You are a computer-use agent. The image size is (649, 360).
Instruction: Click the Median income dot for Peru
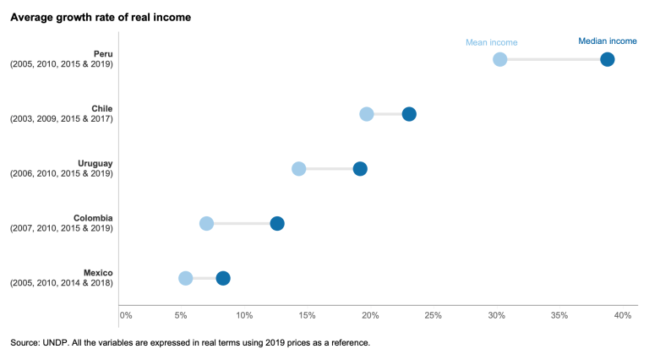[x=607, y=59]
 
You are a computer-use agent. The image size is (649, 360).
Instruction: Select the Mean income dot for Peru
[x=499, y=59]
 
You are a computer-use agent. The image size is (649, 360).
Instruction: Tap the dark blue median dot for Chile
[x=409, y=114]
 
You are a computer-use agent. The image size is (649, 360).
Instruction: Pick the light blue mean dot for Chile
[x=366, y=114]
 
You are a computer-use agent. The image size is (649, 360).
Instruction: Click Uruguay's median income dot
[x=360, y=169]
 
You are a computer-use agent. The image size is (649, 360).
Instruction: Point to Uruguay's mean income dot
[x=298, y=169]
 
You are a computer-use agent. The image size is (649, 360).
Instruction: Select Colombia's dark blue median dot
[x=277, y=223]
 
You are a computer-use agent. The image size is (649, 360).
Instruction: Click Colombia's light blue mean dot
[x=206, y=223]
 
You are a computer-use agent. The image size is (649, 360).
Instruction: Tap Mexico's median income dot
[x=223, y=278]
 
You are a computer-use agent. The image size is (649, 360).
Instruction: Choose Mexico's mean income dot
[x=185, y=278]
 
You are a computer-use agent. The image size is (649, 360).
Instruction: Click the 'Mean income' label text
[x=492, y=42]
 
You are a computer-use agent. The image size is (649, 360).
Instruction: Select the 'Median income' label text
[x=607, y=41]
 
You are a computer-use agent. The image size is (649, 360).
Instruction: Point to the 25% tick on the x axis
[x=433, y=315]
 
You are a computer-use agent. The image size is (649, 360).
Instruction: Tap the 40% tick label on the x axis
[x=623, y=315]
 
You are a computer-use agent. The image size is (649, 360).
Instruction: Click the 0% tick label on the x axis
[x=126, y=315]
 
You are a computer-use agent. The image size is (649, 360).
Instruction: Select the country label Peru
[x=102, y=54]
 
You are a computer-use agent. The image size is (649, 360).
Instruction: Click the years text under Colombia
[x=61, y=228]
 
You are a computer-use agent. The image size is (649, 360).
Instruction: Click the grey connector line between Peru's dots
[x=553, y=59]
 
